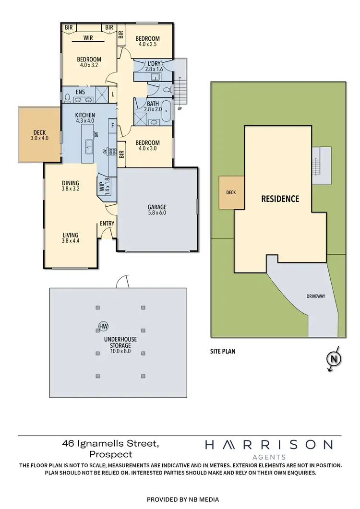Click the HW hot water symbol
(103, 327)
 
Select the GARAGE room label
(157, 207)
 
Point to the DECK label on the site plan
(231, 192)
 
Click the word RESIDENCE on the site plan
(280, 199)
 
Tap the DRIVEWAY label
(316, 296)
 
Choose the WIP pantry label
(102, 185)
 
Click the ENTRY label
(107, 224)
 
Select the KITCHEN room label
(85, 115)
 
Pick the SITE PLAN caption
(222, 351)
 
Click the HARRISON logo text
(268, 445)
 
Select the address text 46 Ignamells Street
(110, 444)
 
